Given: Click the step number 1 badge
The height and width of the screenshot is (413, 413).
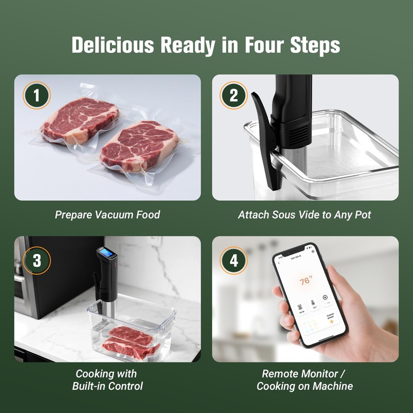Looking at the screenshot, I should click(x=37, y=96).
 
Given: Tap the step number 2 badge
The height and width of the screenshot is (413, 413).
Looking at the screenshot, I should click(x=234, y=96).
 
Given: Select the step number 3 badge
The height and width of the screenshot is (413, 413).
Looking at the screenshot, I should click(x=37, y=260).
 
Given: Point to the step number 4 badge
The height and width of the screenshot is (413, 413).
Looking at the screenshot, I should click(x=234, y=260).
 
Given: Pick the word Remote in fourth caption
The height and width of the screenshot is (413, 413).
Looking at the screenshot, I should click(x=281, y=374).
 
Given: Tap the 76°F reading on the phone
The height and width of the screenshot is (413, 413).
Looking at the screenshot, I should click(x=306, y=281).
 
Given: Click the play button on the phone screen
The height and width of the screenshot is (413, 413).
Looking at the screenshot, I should click(x=325, y=297).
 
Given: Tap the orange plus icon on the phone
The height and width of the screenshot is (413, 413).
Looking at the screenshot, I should click(x=331, y=321).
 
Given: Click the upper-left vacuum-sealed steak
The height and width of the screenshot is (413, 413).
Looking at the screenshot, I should click(x=80, y=120).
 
